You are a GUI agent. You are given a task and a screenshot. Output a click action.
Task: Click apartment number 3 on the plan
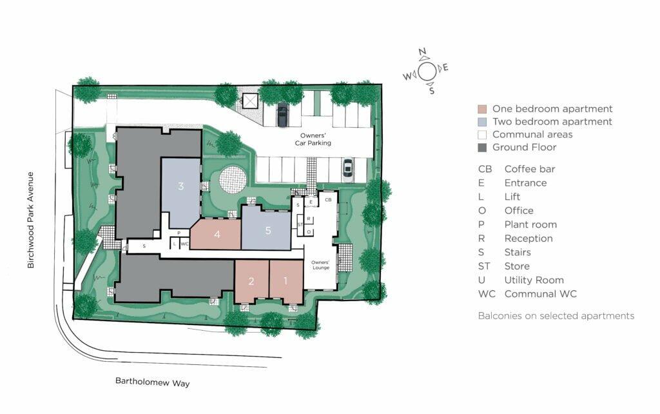pos(181,187)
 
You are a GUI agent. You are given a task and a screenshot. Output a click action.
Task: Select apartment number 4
pos(217,234)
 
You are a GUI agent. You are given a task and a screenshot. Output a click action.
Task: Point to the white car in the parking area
pos(347,170)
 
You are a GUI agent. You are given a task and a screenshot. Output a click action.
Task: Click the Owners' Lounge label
pos(320,266)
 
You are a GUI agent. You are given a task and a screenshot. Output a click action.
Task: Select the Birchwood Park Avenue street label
pos(30,219)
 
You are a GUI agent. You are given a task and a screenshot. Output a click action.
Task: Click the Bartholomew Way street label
pos(152,382)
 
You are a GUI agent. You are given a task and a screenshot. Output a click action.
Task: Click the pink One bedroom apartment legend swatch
pos(482,109)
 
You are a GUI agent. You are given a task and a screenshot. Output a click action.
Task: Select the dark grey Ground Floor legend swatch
pos(482,147)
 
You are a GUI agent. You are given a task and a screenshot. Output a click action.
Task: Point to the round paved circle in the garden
pos(233,180)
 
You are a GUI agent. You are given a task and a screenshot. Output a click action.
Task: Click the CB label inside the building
pos(327,201)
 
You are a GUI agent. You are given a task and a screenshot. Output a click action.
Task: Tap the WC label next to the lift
pos(184,244)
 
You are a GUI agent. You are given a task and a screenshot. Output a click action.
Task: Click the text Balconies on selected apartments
pos(556,315)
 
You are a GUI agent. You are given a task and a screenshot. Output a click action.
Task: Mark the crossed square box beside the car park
pos(249,101)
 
